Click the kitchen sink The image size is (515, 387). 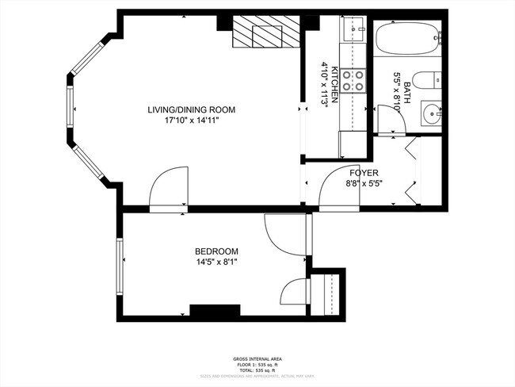click(x=353, y=31)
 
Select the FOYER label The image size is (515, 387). click(x=364, y=172)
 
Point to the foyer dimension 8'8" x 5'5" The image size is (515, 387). click(x=364, y=184)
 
